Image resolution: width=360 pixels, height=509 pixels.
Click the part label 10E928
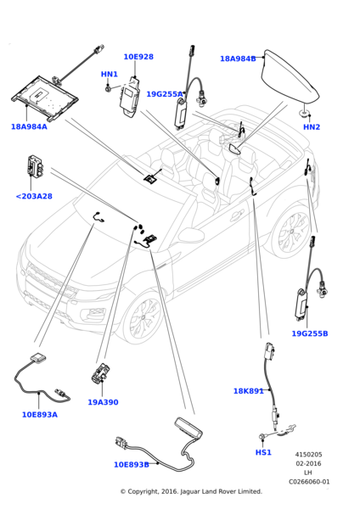click(138, 57)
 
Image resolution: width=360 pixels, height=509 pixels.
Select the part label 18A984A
click(29, 126)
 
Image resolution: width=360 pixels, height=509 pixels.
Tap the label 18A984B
click(238, 59)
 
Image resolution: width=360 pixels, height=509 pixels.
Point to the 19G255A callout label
click(165, 94)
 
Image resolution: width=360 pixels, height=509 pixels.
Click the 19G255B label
click(310, 333)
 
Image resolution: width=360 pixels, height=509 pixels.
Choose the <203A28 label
click(34, 196)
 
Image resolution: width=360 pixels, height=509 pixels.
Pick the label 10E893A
click(40, 415)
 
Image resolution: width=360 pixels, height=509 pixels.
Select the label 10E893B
click(132, 465)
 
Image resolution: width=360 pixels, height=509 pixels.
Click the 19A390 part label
click(103, 402)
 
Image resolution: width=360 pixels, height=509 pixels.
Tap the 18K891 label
click(249, 391)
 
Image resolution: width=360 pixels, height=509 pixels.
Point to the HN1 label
click(110, 74)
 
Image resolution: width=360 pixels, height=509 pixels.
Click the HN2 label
click(312, 127)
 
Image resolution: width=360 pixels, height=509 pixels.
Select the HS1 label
click(263, 452)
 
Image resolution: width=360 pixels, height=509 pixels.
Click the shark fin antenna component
click(290, 78)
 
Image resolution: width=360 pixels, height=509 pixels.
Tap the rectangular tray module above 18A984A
click(45, 97)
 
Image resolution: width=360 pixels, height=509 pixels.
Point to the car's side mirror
click(191, 234)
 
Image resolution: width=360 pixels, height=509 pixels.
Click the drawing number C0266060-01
click(309, 482)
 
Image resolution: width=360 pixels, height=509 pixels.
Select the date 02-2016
click(308, 463)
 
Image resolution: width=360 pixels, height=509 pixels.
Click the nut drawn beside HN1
click(108, 87)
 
